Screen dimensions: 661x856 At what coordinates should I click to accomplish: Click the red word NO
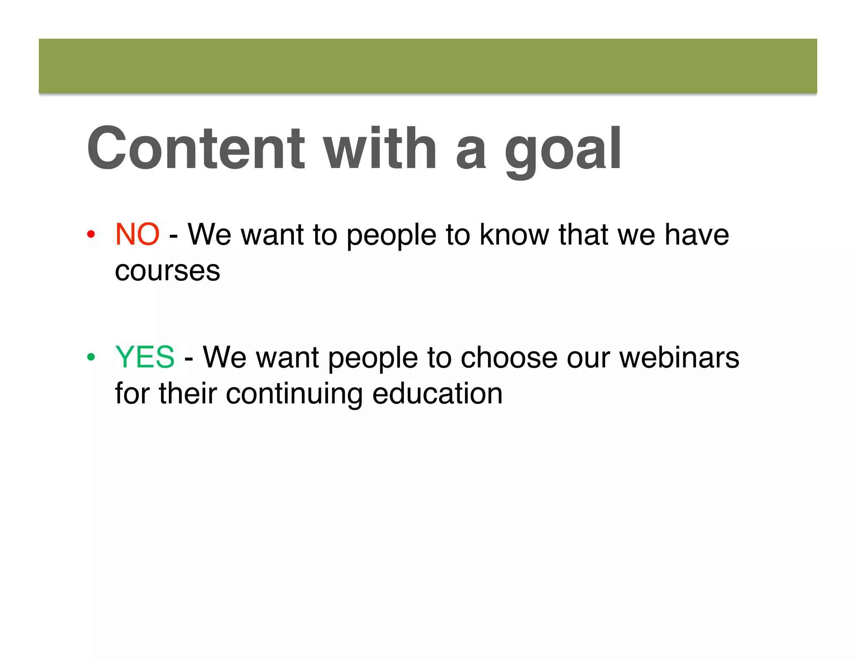[137, 234]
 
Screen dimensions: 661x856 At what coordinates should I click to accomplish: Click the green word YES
[145, 357]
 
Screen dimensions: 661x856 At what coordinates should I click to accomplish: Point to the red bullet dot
[91, 234]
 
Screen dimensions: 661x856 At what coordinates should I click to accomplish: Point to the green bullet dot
[91, 357]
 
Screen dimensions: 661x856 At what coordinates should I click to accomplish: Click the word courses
[167, 271]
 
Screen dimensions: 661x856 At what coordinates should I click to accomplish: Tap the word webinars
[679, 357]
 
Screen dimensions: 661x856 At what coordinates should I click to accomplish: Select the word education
[437, 394]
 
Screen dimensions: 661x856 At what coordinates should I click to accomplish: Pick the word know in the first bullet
[514, 234]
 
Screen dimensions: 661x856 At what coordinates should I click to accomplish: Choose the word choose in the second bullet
[509, 357]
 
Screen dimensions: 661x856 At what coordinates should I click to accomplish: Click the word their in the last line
[188, 394]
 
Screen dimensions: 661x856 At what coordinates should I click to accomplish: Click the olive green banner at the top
[428, 66]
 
